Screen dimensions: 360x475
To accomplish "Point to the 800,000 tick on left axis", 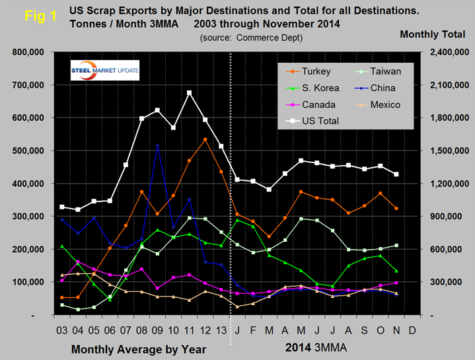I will click(x=25, y=52).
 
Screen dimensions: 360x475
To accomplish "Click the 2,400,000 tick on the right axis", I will click(x=449, y=52).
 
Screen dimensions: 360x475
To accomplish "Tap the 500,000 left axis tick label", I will click(x=25, y=151).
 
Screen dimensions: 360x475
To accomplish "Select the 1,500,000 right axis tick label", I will click(x=449, y=151).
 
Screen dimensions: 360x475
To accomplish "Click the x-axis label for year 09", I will click(x=157, y=328).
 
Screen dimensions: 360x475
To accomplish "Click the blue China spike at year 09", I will click(x=157, y=145).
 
